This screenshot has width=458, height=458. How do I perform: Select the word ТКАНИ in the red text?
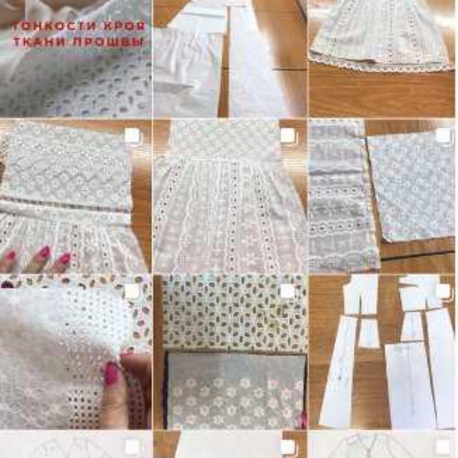point(39,42)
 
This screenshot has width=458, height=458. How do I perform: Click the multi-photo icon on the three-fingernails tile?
point(132,135)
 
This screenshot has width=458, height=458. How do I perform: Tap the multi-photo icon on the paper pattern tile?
point(443,291)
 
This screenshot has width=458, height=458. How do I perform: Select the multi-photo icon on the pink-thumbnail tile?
point(132,291)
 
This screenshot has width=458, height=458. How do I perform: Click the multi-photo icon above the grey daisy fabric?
point(288,291)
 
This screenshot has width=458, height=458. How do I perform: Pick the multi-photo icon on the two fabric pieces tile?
point(443,135)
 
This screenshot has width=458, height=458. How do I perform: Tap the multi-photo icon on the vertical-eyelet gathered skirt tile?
point(288,135)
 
